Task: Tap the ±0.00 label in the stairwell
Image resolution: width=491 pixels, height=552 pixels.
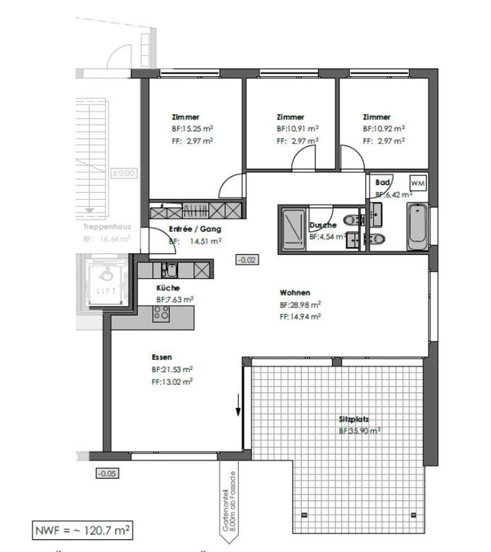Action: [122, 174]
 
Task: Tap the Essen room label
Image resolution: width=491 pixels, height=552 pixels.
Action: [161, 357]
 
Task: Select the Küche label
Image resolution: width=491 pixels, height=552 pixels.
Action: [168, 288]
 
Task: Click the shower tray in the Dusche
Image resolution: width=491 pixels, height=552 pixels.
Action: [293, 229]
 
